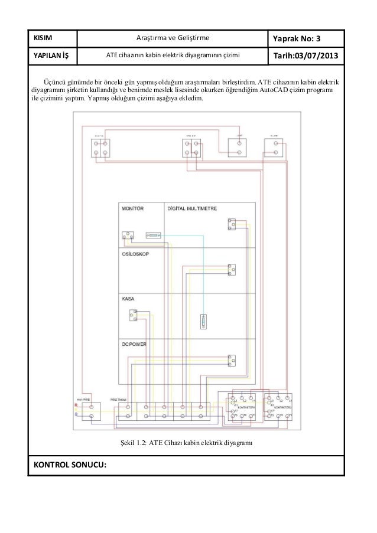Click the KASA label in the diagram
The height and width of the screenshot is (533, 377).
click(x=128, y=299)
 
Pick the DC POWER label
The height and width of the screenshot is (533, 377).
click(x=134, y=343)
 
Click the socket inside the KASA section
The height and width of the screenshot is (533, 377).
click(x=134, y=316)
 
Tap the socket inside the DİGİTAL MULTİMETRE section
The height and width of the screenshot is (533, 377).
click(x=232, y=224)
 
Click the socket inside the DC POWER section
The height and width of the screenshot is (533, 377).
click(x=232, y=359)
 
